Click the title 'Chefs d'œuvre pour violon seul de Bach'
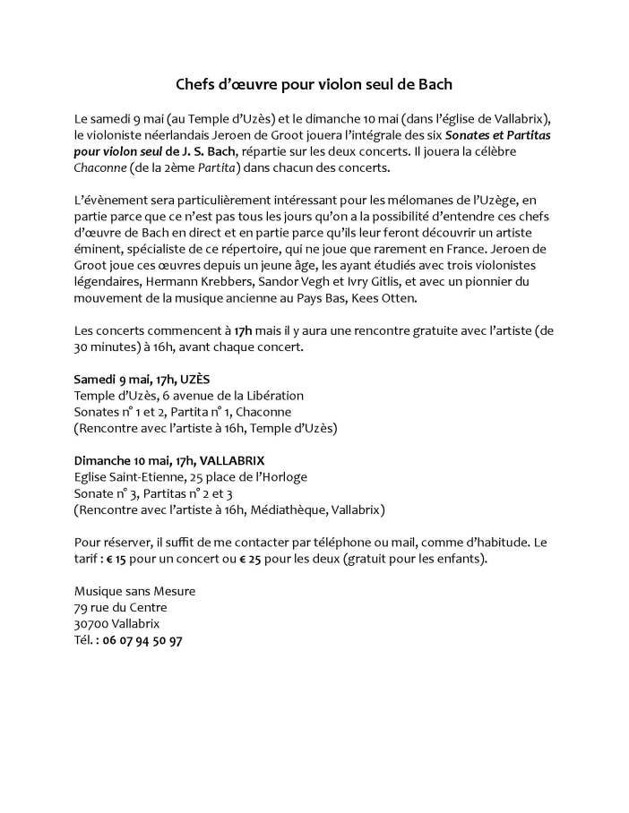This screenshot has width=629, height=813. click(x=314, y=86)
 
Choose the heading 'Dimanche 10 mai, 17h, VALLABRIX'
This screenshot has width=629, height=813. click(x=162, y=460)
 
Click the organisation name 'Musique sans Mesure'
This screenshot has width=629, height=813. click(x=134, y=591)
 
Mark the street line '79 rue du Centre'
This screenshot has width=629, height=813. click(x=121, y=607)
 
